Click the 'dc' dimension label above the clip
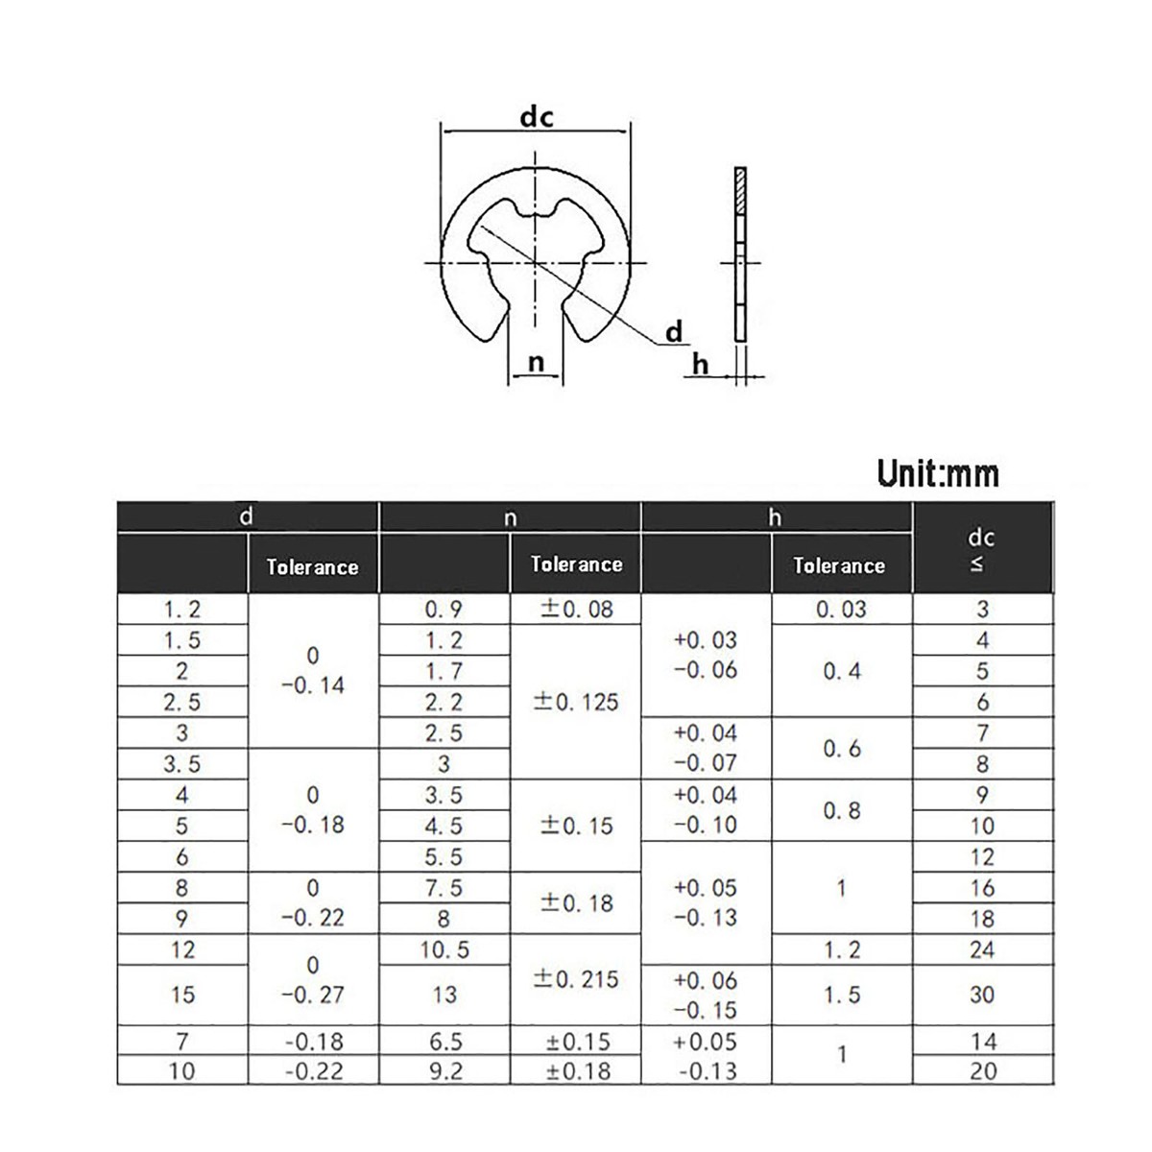pyautogui.click(x=537, y=117)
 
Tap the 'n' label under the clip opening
pyautogui.click(x=537, y=362)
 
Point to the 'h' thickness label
pyautogui.click(x=700, y=365)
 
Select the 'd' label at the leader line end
pyautogui.click(x=675, y=332)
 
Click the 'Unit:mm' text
pyautogui.click(x=937, y=473)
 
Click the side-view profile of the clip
pyautogui.click(x=739, y=254)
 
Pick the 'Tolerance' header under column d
pyautogui.click(x=312, y=566)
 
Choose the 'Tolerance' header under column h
pyautogui.click(x=838, y=565)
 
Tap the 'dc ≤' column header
pyautogui.click(x=980, y=550)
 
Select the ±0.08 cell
pyautogui.click(x=576, y=609)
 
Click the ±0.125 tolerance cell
pyautogui.click(x=576, y=702)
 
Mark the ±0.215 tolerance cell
pyautogui.click(x=576, y=979)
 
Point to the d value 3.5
pyautogui.click(x=181, y=764)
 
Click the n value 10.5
pyautogui.click(x=444, y=949)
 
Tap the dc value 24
pyautogui.click(x=981, y=949)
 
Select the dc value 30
pyautogui.click(x=981, y=995)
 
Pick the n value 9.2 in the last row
pyautogui.click(x=444, y=1070)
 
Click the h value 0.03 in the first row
pyautogui.click(x=840, y=609)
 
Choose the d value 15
pyautogui.click(x=181, y=995)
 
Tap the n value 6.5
pyautogui.click(x=444, y=1041)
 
